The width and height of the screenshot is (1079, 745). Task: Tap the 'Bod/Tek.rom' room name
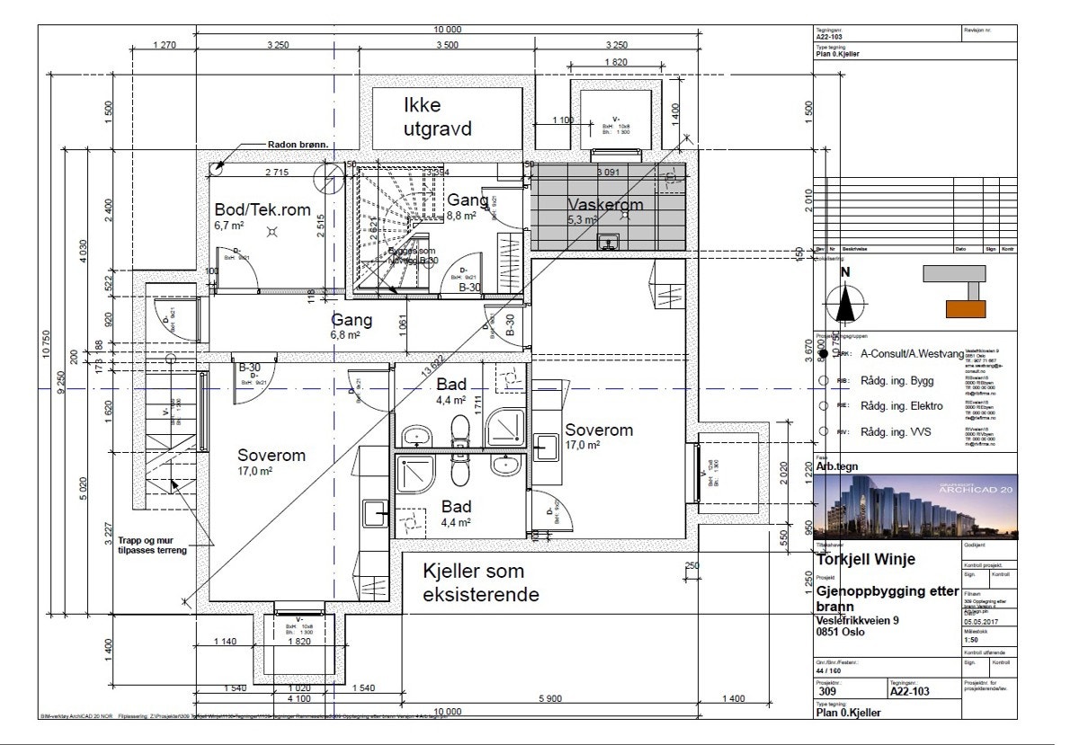[x=263, y=210]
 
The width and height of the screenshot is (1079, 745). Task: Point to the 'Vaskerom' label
[x=604, y=205]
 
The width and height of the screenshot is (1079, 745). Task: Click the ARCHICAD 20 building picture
[x=915, y=507]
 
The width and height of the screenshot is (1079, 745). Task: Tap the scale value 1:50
[x=971, y=640]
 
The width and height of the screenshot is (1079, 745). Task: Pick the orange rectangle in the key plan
[x=965, y=309]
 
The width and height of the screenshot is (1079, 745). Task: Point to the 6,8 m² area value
[x=345, y=334]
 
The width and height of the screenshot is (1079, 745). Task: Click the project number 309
[x=828, y=692]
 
